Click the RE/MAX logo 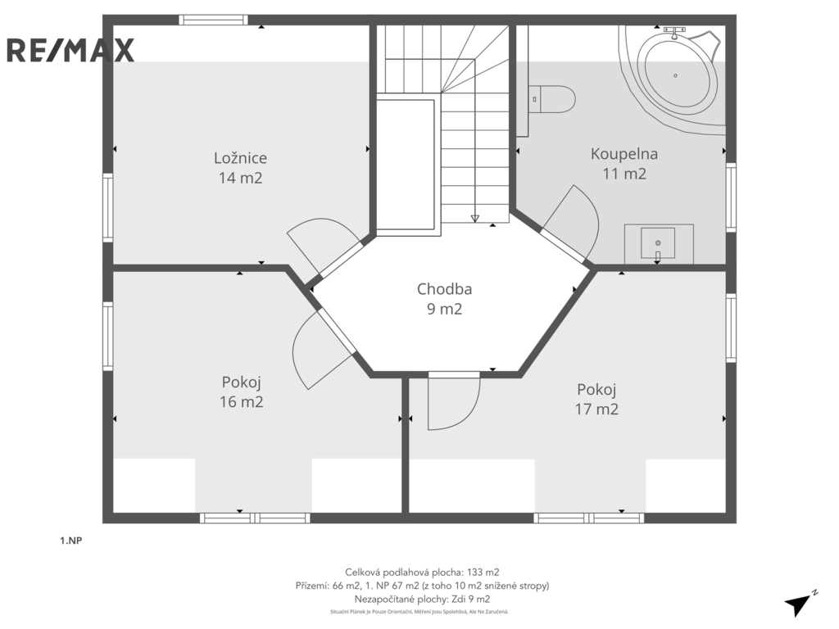pyautogui.click(x=70, y=50)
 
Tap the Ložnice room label pyautogui.click(x=240, y=158)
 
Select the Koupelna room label pyautogui.click(x=624, y=153)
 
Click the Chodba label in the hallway pyautogui.click(x=444, y=289)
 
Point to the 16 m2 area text pyautogui.click(x=242, y=401)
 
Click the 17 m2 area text pyautogui.click(x=596, y=410)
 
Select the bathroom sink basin pyautogui.click(x=658, y=243)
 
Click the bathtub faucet pyautogui.click(x=675, y=32)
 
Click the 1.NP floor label pyautogui.click(x=70, y=541)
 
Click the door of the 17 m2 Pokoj pyautogui.click(x=454, y=401)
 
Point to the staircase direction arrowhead pyautogui.click(x=474, y=218)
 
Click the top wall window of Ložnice pyautogui.click(x=214, y=20)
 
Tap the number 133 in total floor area pyautogui.click(x=476, y=572)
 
